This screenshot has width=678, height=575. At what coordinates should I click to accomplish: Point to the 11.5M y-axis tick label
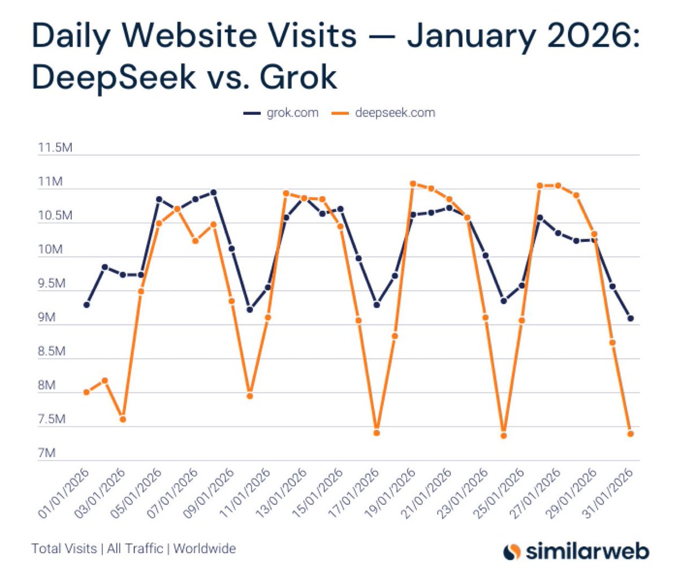pyautogui.click(x=55, y=148)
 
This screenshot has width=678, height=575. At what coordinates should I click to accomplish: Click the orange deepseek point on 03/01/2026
pyautogui.click(x=123, y=419)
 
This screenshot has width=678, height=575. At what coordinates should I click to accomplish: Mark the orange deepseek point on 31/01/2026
pyautogui.click(x=631, y=434)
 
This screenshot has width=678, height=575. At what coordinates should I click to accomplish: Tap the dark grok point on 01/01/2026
pyautogui.click(x=86, y=305)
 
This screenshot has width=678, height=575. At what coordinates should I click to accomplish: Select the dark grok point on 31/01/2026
pyautogui.click(x=631, y=318)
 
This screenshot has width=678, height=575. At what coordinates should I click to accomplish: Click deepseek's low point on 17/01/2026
pyautogui.click(x=377, y=433)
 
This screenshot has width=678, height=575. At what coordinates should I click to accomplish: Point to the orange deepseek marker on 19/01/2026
pyautogui.click(x=413, y=184)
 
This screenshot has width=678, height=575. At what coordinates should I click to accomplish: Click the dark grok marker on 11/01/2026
pyautogui.click(x=250, y=309)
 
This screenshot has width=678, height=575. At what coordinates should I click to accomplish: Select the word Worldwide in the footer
pyautogui.click(x=205, y=548)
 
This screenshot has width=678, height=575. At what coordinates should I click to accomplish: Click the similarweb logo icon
pyautogui.click(x=512, y=550)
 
